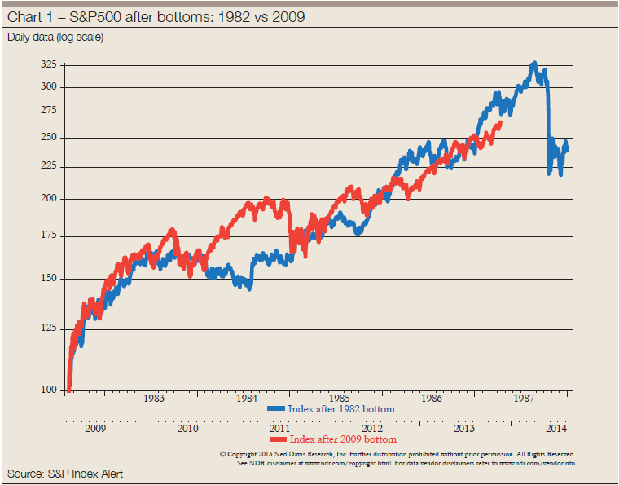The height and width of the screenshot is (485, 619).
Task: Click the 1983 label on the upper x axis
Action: tap(154, 399)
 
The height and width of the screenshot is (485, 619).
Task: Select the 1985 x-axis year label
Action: tap(340, 399)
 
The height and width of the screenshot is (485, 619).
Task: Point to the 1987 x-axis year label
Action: tap(525, 399)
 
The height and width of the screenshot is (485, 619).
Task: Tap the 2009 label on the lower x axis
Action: tap(94, 429)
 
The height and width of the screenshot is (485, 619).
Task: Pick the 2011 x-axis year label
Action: tap(279, 429)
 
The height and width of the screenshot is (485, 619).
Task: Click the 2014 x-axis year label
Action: tap(557, 429)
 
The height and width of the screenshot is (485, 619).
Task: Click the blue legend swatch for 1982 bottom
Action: tap(277, 408)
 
